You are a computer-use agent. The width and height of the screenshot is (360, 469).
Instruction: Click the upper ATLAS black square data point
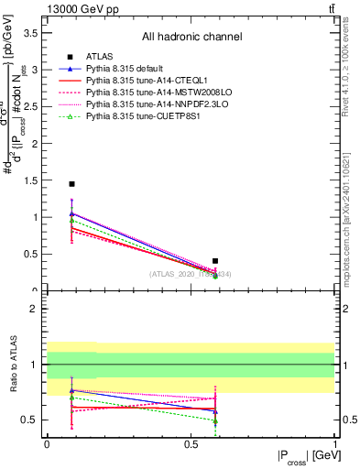[x=71, y=184]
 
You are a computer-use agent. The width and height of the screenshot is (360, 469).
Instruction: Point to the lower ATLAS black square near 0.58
[x=215, y=261]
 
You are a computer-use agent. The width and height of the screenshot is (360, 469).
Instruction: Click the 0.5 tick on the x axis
[x=191, y=443]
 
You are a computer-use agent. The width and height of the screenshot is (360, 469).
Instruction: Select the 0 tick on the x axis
[x=47, y=443]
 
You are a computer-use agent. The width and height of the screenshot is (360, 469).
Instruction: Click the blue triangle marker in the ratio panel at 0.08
[x=71, y=390]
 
